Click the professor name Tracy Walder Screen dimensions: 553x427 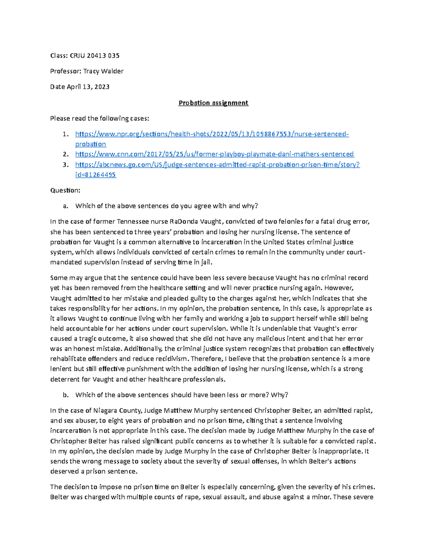coord(103,71)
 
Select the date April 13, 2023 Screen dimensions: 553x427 coord(88,87)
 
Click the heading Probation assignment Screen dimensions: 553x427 coord(213,103)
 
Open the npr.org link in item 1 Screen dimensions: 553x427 coord(212,134)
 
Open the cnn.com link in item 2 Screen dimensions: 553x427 coord(214,154)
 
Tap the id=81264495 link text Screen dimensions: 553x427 coord(95,175)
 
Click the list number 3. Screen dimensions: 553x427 coord(65,165)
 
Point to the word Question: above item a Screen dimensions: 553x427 coord(65,191)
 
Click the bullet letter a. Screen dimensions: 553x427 coord(65,206)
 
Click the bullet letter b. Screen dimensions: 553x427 coord(65,395)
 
